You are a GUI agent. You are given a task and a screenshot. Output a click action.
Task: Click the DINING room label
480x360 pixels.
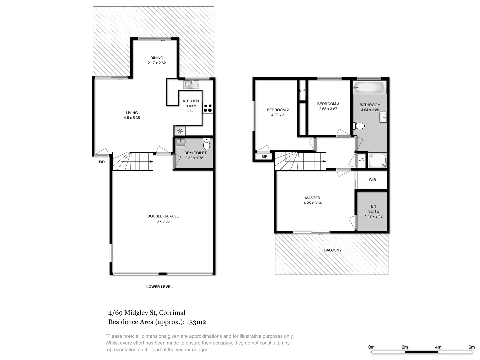tap(157, 58)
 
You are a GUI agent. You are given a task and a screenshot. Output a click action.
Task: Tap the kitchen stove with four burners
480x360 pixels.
tap(207, 108)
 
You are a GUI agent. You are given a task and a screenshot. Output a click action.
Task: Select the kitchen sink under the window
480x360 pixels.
tap(189, 84)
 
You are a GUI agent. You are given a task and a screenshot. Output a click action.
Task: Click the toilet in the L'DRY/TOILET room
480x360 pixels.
tap(207, 145)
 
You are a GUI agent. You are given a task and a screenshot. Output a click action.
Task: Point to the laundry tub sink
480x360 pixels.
tap(181, 143)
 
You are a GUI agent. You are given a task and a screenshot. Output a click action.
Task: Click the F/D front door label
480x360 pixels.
tap(102, 162)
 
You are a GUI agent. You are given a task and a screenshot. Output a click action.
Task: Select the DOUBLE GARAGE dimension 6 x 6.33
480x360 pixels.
tap(163, 221)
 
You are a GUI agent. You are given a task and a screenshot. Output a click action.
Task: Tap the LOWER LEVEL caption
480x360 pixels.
tap(159, 287)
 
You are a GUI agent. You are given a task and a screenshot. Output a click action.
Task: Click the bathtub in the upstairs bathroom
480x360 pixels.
tap(369, 88)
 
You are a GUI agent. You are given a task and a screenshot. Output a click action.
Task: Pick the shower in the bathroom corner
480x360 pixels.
tap(377, 161)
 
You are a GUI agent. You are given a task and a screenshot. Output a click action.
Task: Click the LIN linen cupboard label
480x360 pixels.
tap(361, 160)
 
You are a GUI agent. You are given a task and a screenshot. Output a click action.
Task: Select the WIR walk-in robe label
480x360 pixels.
tap(372, 180)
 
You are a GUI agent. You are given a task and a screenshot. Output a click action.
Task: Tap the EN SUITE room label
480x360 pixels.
tap(373, 209)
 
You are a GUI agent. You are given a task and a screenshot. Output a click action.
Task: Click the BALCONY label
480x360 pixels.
tap(333, 250)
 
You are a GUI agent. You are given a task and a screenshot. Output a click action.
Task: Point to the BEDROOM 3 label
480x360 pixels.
tap(328, 104)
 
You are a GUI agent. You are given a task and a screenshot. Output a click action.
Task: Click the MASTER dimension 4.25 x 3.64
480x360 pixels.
tap(313, 203)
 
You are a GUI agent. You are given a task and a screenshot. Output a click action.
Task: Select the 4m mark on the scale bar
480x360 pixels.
tap(438, 347)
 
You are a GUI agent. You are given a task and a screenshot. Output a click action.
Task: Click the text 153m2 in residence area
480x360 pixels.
tap(196, 322)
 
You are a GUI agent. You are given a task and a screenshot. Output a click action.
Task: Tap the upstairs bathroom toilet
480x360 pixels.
tap(359, 126)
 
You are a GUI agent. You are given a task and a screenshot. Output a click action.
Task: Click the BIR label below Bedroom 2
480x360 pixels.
tap(264, 157)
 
